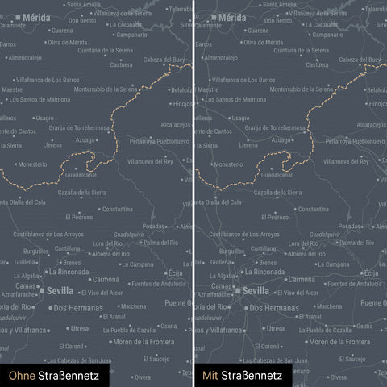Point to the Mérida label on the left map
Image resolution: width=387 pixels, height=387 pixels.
(x=35, y=16)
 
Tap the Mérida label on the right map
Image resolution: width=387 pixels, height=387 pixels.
(x=232, y=16)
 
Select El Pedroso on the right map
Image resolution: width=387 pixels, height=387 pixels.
(x=274, y=217)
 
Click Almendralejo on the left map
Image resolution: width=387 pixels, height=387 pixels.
(x=25, y=58)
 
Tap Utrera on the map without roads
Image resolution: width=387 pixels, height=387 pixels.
(x=79, y=328)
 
